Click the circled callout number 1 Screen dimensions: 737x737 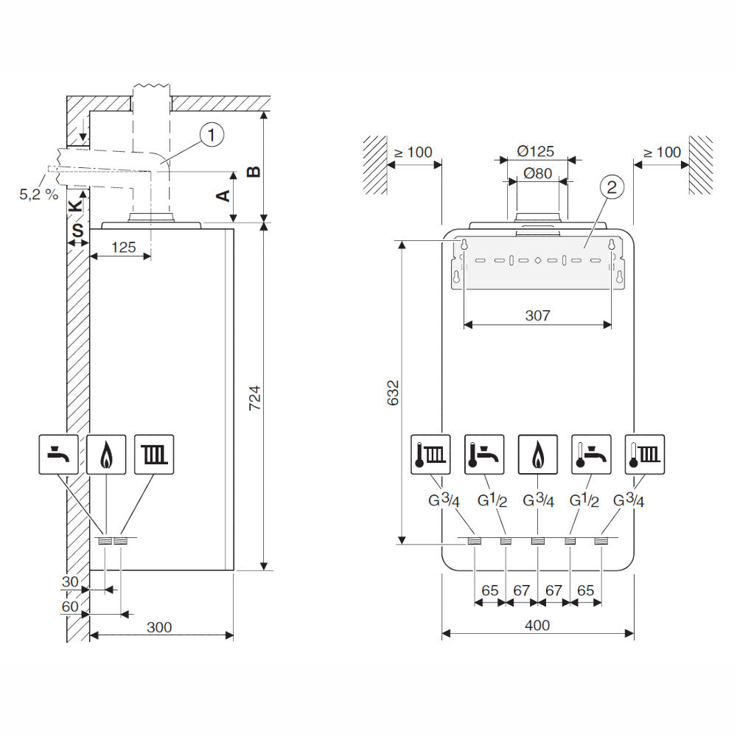[212, 135]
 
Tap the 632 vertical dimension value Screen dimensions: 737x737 [393, 394]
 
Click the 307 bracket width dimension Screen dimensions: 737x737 [538, 315]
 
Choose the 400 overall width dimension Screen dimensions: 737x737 [537, 625]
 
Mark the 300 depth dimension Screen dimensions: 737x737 [158, 627]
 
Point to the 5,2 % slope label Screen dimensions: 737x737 [38, 195]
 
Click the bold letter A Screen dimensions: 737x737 [222, 195]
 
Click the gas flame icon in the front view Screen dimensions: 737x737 [537, 453]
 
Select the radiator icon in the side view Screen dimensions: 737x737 [154, 453]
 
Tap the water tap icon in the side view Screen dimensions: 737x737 [58, 453]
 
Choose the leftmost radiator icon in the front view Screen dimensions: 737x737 [430, 453]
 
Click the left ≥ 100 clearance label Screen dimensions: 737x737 [413, 153]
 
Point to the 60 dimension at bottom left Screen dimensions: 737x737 [70, 606]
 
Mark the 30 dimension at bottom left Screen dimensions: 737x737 [70, 581]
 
